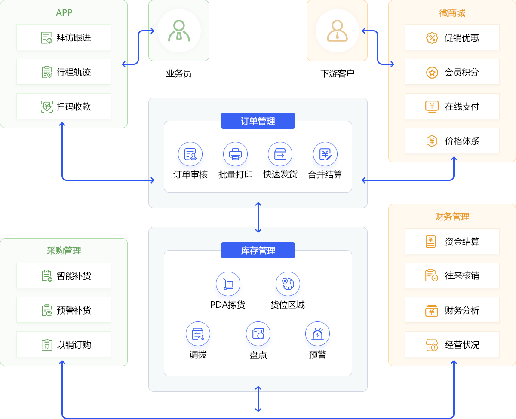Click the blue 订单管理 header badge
click(x=258, y=121)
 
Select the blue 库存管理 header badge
click(x=258, y=251)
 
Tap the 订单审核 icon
click(x=190, y=154)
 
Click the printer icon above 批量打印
click(x=235, y=154)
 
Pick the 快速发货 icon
click(x=280, y=154)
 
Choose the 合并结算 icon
click(x=325, y=154)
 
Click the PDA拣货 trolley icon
click(x=228, y=284)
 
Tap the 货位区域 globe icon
click(x=288, y=284)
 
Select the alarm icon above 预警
click(x=317, y=334)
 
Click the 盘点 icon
click(x=258, y=334)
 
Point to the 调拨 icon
click(x=198, y=334)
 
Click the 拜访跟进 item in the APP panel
click(x=64, y=37)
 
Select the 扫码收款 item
click(x=64, y=106)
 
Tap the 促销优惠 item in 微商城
click(x=452, y=37)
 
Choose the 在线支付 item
click(x=452, y=106)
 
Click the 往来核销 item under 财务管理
click(x=452, y=275)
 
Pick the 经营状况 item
click(x=452, y=344)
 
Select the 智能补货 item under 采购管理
click(x=64, y=275)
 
